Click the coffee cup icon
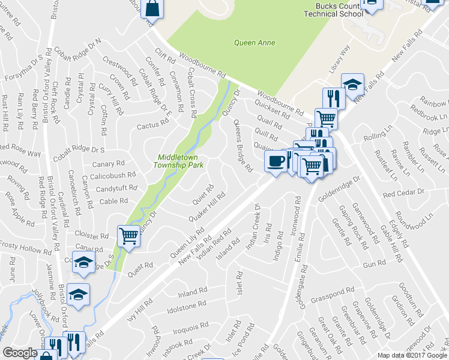(x=276, y=161)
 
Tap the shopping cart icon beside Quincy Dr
(x=128, y=236)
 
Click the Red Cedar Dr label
(x=403, y=193)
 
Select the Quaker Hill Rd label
(x=206, y=205)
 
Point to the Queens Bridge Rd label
(x=242, y=145)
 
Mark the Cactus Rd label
(x=152, y=125)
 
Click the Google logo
(x=20, y=353)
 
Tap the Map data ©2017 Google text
(x=412, y=355)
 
